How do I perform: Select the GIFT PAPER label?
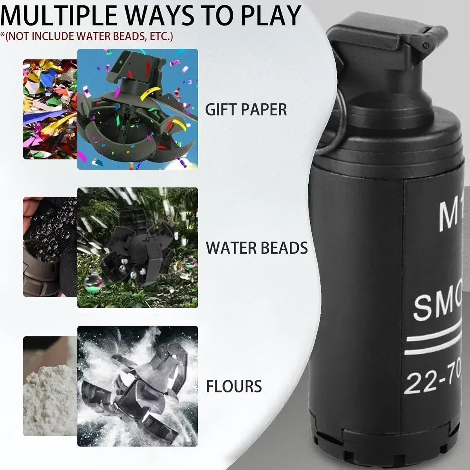tap(246, 109)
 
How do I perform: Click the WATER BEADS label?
tap(257, 248)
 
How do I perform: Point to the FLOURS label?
tap(234, 386)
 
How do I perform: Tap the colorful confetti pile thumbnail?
tap(50, 109)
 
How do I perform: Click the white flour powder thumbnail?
tap(50, 386)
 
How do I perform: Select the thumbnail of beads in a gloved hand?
tap(50, 247)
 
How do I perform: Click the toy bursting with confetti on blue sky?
tap(137, 109)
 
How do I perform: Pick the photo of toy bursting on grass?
tap(137, 248)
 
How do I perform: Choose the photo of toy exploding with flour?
tap(137, 386)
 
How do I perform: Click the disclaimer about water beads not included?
tap(87, 36)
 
